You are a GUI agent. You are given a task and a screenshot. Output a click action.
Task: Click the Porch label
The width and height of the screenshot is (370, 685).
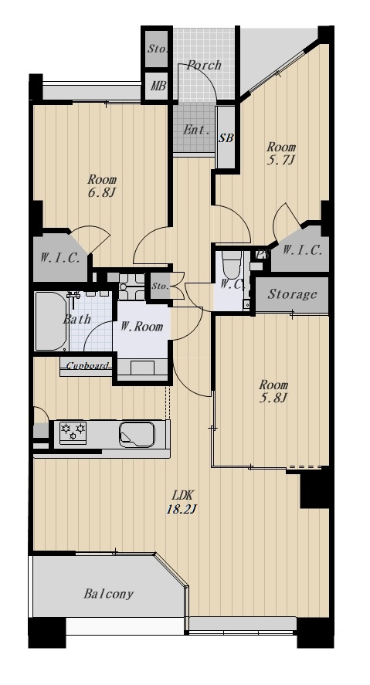click(x=204, y=66)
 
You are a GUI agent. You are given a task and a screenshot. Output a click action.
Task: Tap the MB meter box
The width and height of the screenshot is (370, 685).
click(x=158, y=86)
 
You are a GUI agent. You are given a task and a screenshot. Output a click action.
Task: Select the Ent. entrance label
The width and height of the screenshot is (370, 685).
click(x=196, y=130)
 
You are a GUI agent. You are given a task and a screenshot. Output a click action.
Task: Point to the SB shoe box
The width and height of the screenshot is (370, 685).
click(x=226, y=138)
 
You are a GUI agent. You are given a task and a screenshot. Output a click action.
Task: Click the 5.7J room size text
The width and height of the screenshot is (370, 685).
click(x=281, y=160)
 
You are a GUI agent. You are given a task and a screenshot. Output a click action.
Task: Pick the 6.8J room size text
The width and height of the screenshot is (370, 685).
click(x=102, y=192)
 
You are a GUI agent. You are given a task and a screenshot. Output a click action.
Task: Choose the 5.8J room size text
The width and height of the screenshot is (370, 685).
click(x=273, y=398)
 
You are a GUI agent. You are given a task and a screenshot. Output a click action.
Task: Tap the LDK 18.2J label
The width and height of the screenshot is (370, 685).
click(x=180, y=503)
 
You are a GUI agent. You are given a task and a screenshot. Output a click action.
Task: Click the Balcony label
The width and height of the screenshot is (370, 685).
click(x=108, y=594)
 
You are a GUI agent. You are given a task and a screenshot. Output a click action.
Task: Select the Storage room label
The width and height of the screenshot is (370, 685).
click(x=292, y=294)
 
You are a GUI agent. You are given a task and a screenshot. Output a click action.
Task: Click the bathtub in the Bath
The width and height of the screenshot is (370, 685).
click(x=51, y=321)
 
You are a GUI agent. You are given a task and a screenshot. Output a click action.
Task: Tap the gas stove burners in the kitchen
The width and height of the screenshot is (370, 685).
click(x=73, y=432)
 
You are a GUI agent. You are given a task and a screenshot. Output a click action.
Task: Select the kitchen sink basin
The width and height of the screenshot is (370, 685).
click(x=137, y=434)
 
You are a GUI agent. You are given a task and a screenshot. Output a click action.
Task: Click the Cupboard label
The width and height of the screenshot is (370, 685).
click(x=87, y=365)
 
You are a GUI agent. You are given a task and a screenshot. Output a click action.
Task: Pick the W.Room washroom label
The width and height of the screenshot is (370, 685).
click(x=141, y=327)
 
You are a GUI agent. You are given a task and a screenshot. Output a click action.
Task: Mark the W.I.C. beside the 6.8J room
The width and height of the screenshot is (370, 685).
click(x=60, y=258)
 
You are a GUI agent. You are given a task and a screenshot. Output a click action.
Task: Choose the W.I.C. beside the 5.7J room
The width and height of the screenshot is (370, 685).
click(x=302, y=251)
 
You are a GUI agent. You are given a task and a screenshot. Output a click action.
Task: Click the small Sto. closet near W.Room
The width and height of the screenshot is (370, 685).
click(x=161, y=287)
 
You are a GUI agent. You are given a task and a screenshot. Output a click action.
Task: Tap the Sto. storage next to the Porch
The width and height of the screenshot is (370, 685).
click(x=157, y=49)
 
